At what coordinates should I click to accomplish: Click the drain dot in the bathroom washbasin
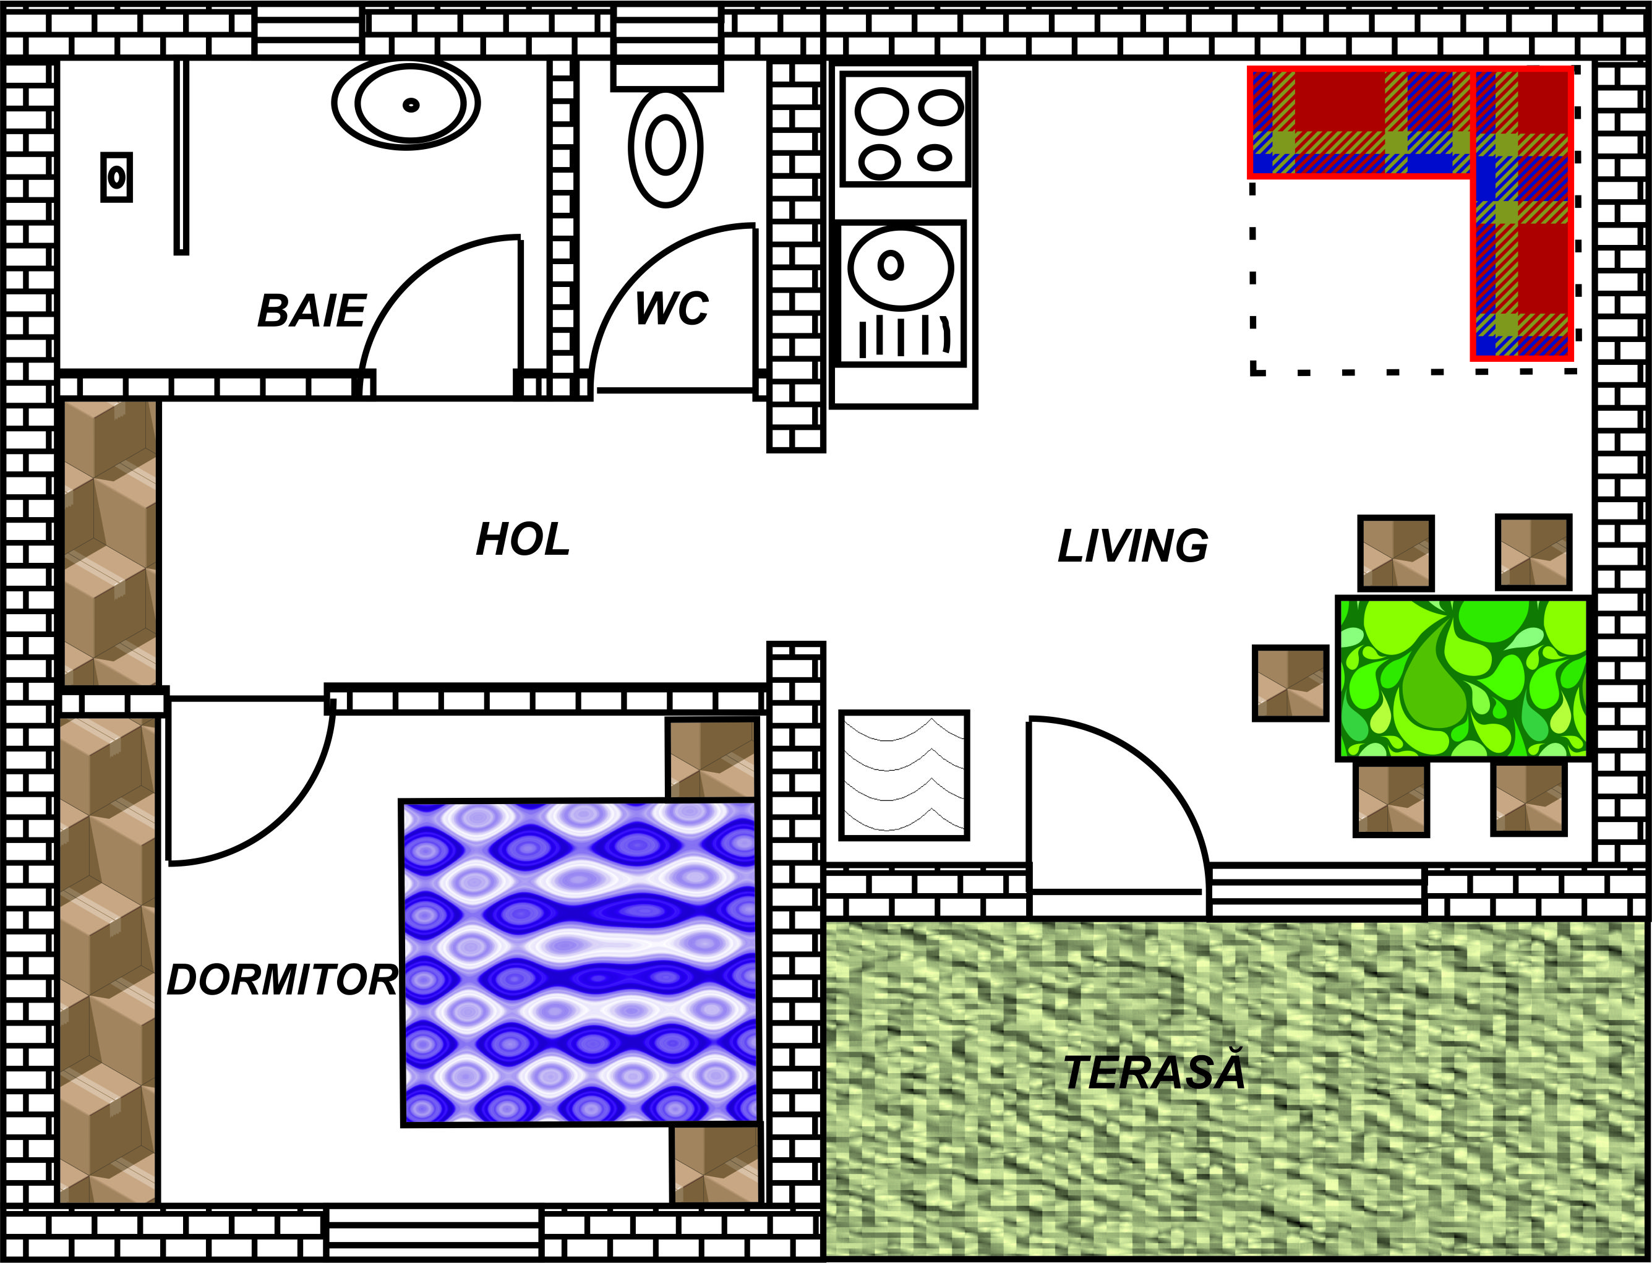tap(410, 105)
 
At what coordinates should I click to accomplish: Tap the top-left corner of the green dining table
tap(1338, 599)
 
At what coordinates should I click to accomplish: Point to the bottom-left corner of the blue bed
tap(404, 1124)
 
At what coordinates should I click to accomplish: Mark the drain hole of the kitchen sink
tap(891, 265)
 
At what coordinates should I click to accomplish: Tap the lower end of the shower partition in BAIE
tap(181, 251)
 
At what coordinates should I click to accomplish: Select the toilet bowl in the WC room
tap(666, 147)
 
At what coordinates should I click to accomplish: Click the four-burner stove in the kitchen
tap(905, 129)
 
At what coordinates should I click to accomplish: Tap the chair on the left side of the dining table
tap(1290, 683)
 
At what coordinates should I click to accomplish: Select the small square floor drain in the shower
tap(116, 178)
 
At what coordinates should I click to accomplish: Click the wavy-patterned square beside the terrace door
tap(904, 774)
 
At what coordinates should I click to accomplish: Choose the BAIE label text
tap(312, 310)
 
